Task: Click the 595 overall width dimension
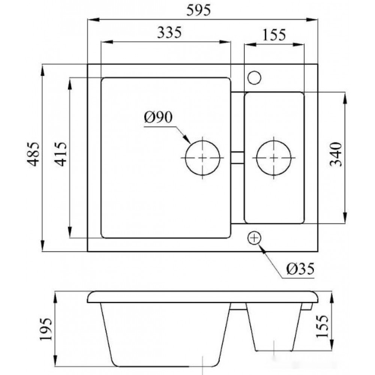tap(198, 10)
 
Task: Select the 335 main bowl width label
tap(169, 32)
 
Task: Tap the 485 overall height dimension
tap(33, 154)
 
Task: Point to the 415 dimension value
tap(60, 154)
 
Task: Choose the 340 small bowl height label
tap(336, 154)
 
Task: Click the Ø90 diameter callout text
tap(158, 117)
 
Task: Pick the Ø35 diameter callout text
tap(300, 269)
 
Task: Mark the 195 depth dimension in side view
tap(45, 329)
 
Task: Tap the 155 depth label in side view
tap(322, 326)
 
